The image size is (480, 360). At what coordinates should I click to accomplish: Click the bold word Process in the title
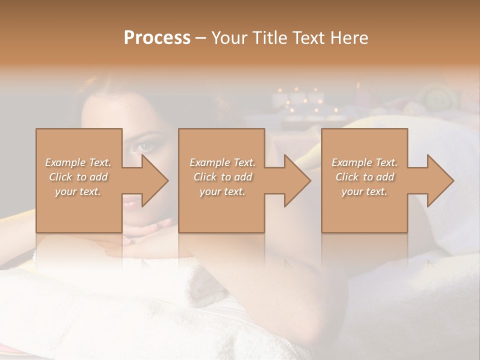point(157,38)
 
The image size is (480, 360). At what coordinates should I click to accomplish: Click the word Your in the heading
point(230,38)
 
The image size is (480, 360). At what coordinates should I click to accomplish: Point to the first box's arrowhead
point(152,180)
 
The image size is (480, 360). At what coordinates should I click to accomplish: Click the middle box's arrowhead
point(295,180)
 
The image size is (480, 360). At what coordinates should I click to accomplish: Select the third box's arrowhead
point(438,180)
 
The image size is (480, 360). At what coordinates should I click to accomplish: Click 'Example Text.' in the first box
point(78,162)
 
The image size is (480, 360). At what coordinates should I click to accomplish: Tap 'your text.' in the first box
point(78,191)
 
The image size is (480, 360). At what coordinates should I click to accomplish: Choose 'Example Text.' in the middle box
point(222,162)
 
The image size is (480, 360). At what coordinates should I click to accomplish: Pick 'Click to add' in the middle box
point(222,177)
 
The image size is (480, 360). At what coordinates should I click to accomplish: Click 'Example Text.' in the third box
point(364,162)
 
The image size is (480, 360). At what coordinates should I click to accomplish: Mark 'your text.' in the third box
point(364,191)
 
